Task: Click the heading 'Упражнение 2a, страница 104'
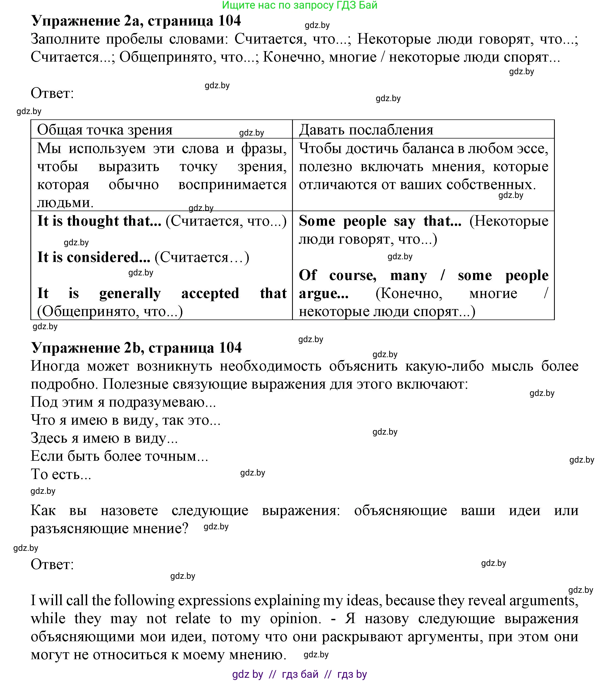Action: point(136,21)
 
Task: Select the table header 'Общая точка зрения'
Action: point(105,130)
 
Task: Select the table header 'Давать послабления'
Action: point(366,130)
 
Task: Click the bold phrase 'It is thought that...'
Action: point(99,221)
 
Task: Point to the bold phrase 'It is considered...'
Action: point(94,257)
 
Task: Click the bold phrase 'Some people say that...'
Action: point(380,221)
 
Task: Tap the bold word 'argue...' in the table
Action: point(324,293)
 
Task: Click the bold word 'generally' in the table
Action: point(130,293)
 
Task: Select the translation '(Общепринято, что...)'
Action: point(110,311)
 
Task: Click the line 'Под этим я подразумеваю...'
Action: point(123,402)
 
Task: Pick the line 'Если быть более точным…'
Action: point(119,456)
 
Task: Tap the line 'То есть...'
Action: point(61,474)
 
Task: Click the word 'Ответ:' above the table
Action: point(52,93)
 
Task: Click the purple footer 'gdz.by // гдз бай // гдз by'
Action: point(299,674)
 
